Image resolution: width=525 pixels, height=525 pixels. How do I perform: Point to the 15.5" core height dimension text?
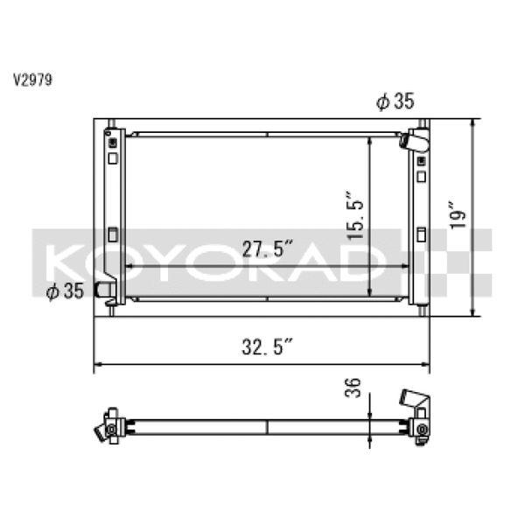click(x=354, y=215)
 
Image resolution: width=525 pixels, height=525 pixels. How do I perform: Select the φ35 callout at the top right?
click(x=395, y=102)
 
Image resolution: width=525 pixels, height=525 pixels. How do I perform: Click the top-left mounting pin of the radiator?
click(x=109, y=123)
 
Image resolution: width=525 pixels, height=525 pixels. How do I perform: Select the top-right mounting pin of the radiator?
click(x=421, y=123)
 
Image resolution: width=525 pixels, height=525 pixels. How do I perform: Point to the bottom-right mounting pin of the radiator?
click(x=421, y=310)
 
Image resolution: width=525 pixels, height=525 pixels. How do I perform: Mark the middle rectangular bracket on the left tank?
click(x=112, y=234)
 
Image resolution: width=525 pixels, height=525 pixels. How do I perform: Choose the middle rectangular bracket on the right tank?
click(x=422, y=234)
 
